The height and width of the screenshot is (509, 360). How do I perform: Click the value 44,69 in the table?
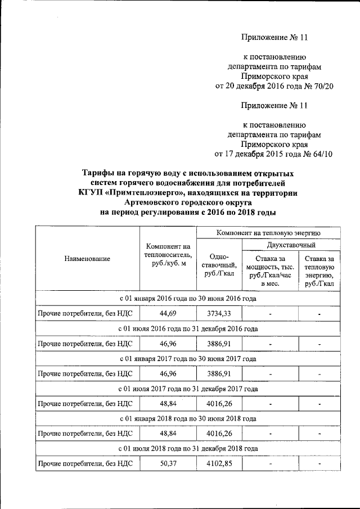(168, 313)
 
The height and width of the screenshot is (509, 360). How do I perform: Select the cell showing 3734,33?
(219, 313)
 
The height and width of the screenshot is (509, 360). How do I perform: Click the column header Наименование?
(87, 259)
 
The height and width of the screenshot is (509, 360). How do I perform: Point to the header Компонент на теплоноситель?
(168, 255)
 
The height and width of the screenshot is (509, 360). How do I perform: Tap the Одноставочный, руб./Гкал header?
(219, 264)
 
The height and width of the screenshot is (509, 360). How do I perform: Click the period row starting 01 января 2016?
(188, 299)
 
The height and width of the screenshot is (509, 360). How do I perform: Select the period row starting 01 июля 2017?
(188, 389)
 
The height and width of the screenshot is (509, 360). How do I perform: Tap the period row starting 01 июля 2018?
(188, 448)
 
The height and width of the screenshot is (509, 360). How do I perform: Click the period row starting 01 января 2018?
(188, 418)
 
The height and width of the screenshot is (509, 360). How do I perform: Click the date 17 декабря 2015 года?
(260, 153)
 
